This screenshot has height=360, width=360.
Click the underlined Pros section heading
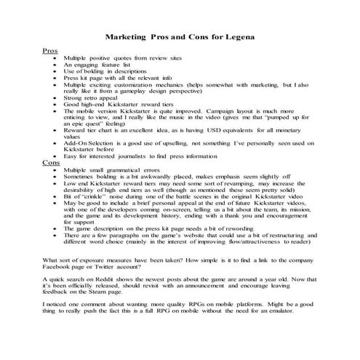tap(50, 51)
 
